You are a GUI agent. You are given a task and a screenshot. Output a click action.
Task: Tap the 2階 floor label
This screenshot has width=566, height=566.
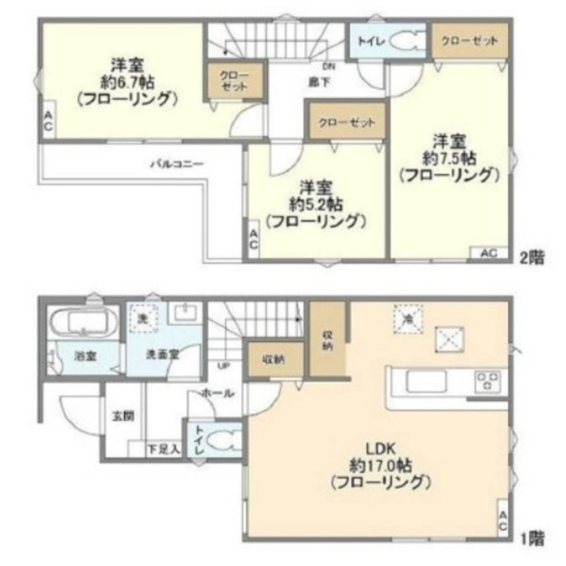(532, 258)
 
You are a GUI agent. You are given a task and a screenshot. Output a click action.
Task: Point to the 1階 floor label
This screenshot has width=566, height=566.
(532, 537)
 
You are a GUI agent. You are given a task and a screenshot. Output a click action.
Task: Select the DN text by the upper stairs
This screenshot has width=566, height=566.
(330, 67)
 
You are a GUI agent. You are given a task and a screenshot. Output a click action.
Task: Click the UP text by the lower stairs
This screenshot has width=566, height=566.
(223, 365)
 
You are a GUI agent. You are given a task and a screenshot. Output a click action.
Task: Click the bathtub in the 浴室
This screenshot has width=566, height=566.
(84, 323)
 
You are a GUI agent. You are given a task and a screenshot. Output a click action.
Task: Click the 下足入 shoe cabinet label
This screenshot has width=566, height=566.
(163, 450)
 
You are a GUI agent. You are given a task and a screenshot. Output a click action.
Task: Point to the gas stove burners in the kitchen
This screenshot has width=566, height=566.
(488, 380)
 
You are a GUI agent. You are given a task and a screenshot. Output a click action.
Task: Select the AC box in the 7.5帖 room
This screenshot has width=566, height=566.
(489, 254)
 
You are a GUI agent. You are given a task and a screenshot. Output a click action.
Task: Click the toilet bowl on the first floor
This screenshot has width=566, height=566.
(224, 440)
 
